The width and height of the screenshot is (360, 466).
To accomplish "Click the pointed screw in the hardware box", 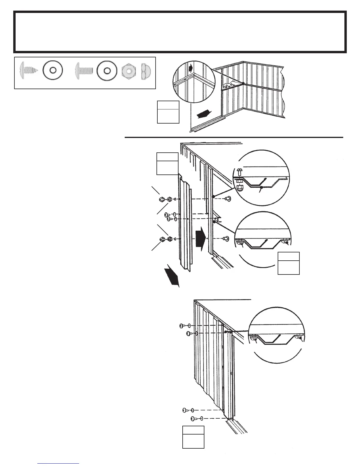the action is click(28, 71).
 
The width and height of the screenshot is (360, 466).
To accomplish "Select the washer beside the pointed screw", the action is click(53, 71).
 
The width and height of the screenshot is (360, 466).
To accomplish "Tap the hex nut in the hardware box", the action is click(129, 71).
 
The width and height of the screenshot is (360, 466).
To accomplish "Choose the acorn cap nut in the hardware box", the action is click(146, 71).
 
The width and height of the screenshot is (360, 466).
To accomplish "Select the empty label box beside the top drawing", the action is click(168, 112).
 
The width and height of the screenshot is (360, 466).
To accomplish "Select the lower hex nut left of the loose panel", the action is click(169, 239).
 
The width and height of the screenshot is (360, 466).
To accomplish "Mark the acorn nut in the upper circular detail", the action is click(240, 187).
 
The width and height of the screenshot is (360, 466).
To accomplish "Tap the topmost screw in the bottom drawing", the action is click(182, 326).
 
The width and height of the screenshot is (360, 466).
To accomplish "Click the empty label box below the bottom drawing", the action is click(193, 437).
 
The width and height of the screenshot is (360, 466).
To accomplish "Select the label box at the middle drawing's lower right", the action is click(289, 263).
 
